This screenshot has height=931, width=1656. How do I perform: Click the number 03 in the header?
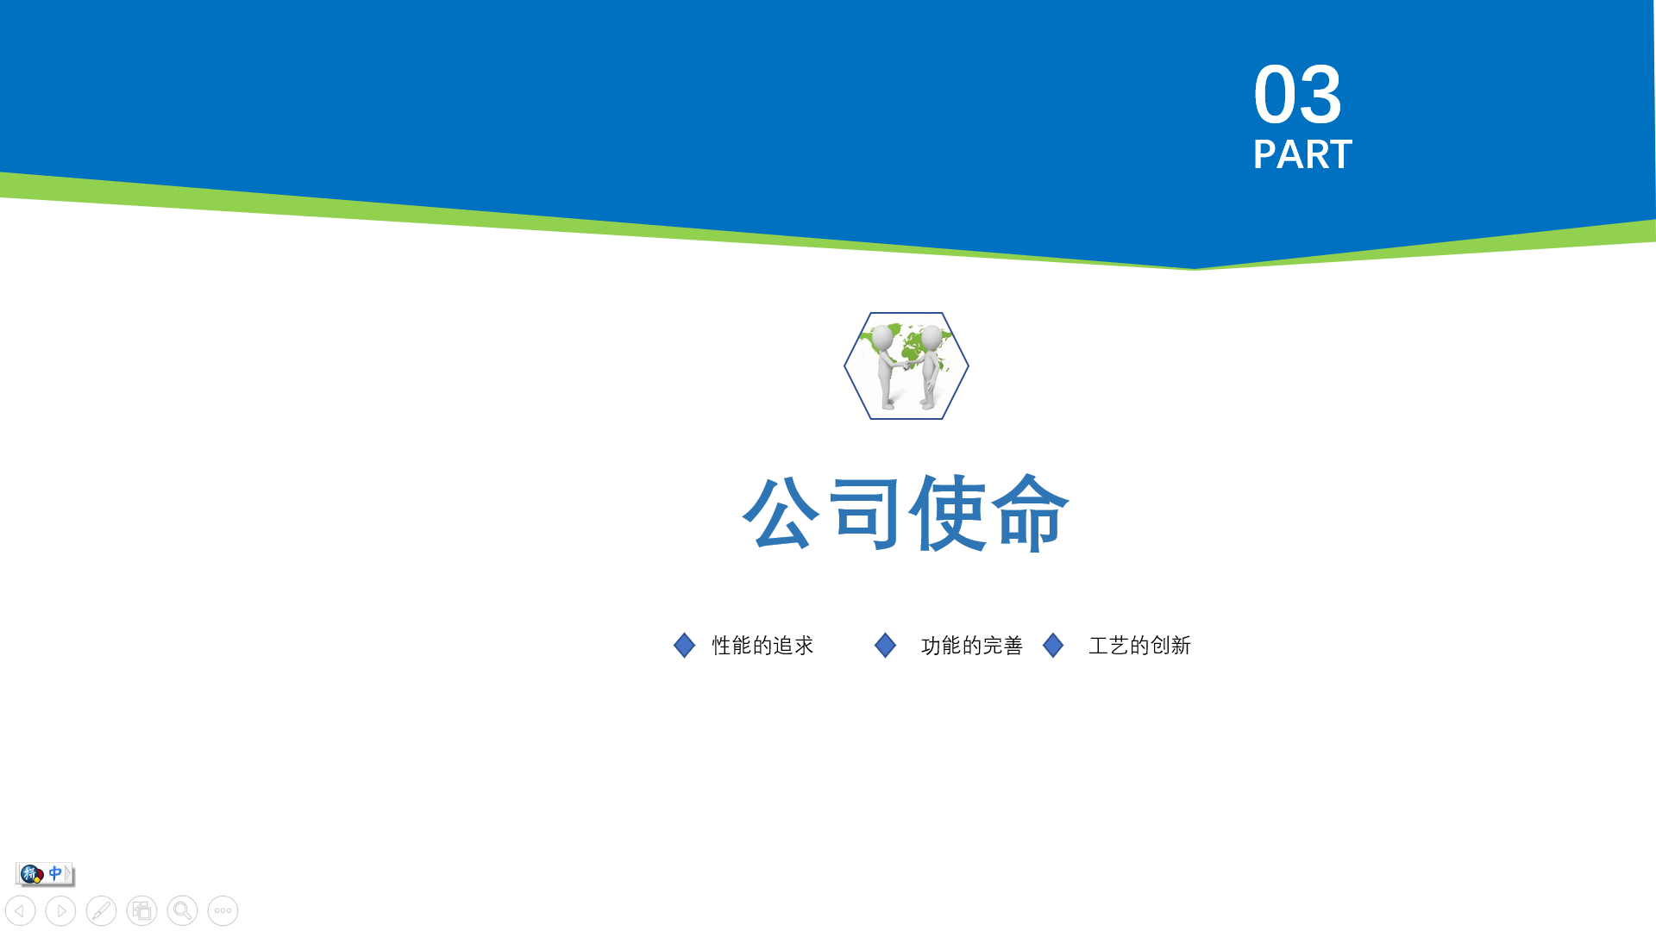click(1297, 94)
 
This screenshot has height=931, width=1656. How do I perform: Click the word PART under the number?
click(1302, 155)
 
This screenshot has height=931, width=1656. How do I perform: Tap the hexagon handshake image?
click(906, 366)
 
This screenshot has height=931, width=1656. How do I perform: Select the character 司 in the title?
click(864, 512)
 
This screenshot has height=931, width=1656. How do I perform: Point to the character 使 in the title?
click(948, 512)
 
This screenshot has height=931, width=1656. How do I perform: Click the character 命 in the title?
click(1031, 512)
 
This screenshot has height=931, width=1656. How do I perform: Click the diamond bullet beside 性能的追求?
click(684, 645)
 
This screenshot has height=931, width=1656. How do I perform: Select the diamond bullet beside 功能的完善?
click(885, 645)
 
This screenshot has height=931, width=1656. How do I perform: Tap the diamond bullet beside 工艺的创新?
click(1053, 645)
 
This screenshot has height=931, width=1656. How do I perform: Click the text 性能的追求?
click(762, 646)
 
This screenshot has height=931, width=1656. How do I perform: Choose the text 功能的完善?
click(972, 646)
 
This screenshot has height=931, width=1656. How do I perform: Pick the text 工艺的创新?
click(1140, 646)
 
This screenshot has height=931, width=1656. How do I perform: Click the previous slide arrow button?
click(21, 910)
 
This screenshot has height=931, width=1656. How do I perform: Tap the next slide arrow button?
click(60, 910)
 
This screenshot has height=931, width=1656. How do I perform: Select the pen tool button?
click(101, 910)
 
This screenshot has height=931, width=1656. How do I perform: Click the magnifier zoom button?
click(182, 910)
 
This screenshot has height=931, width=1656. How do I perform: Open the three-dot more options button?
click(223, 910)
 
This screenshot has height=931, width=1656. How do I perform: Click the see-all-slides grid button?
click(141, 910)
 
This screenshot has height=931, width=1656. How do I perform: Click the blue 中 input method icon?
click(55, 873)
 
